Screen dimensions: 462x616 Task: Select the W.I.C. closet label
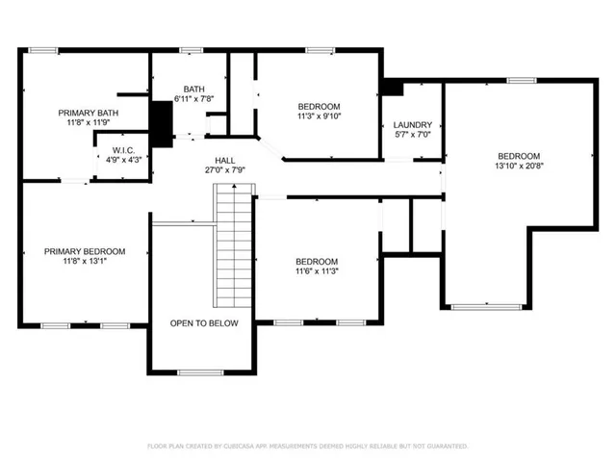[122, 149]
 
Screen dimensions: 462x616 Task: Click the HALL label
[224, 161]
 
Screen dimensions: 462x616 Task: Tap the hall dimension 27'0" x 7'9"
[224, 171]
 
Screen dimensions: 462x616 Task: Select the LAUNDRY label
[413, 125]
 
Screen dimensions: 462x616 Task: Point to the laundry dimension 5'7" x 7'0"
[413, 136]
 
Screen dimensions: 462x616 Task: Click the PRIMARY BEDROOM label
[85, 250]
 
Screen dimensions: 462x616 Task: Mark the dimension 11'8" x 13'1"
[85, 261]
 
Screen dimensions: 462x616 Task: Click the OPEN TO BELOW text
[204, 323]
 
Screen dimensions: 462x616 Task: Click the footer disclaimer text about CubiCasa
[307, 447]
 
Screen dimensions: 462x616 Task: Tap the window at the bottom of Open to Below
[201, 372]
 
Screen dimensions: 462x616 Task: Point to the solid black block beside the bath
[161, 122]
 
